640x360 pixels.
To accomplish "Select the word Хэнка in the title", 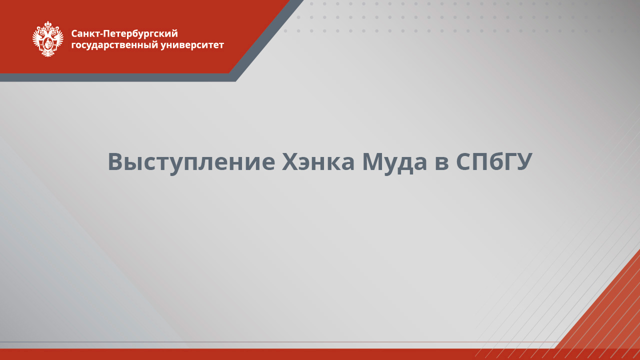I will tap(317, 161).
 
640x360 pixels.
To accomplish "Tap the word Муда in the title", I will tap(394, 161).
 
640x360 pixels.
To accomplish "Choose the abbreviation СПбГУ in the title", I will tap(494, 161).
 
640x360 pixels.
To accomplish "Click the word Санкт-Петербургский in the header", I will tap(124, 34).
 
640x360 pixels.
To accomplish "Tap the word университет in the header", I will tap(193, 45).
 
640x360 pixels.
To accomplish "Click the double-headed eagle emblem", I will tap(48, 39).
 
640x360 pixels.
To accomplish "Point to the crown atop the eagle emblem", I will tap(48, 24).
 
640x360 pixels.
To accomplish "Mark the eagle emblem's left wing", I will tap(37, 37).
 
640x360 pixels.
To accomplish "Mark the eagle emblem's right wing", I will tap(58, 37).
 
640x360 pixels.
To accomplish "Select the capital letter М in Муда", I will tap(373, 161).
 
